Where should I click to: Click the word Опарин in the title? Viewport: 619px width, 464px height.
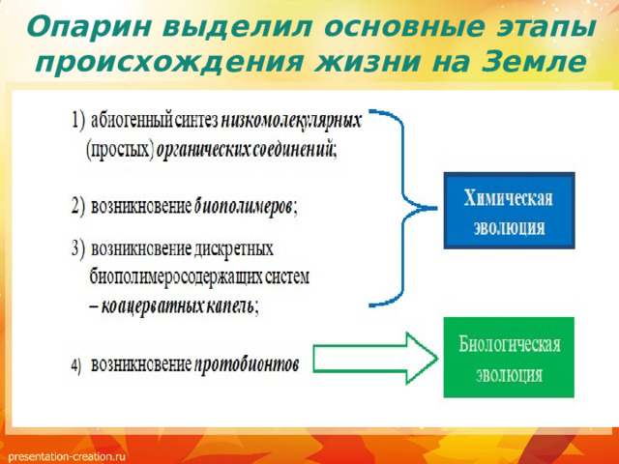point(88,28)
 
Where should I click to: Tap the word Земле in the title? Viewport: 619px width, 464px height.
point(534,62)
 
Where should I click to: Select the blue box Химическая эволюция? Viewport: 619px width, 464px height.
point(509,211)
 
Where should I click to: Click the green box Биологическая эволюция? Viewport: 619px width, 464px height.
point(509,358)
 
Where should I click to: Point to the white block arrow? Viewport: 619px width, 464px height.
point(375,359)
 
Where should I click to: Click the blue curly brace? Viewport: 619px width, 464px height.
point(402,208)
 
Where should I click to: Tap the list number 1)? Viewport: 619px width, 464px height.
point(78,120)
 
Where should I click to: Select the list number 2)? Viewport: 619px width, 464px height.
point(78,206)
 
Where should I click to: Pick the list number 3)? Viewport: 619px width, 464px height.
point(78,249)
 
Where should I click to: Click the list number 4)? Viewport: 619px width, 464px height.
point(75,365)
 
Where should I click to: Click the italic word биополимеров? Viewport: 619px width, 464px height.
point(244,207)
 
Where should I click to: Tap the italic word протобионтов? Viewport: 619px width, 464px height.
point(247,364)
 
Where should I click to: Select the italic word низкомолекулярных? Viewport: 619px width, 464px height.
point(291,121)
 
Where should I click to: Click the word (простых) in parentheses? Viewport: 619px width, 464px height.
point(120,150)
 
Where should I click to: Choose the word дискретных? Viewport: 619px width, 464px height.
point(234,249)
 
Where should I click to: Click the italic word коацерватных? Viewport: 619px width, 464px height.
point(152,306)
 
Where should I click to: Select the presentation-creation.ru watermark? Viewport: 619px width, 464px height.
point(67,456)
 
